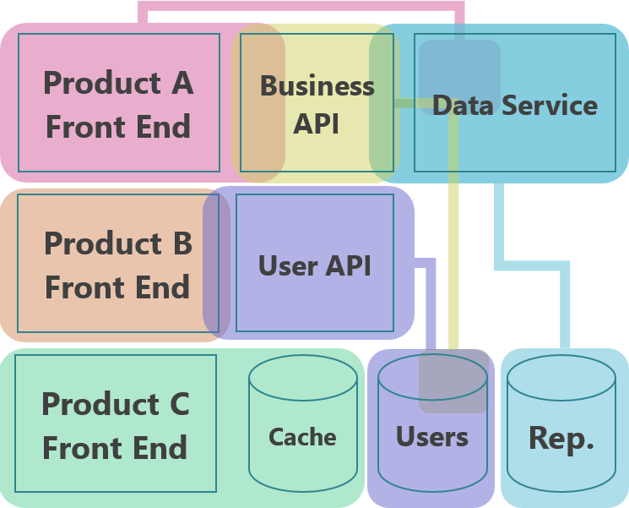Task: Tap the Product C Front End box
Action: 116,423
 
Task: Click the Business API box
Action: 317,103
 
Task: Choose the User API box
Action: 315,264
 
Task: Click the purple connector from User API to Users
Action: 431,304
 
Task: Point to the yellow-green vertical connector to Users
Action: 453,254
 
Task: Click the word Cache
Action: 302,437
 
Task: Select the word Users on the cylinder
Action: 432,437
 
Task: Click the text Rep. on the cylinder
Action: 561,438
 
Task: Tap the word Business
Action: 317,86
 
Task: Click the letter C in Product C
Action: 178,404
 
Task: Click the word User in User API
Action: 288,265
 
